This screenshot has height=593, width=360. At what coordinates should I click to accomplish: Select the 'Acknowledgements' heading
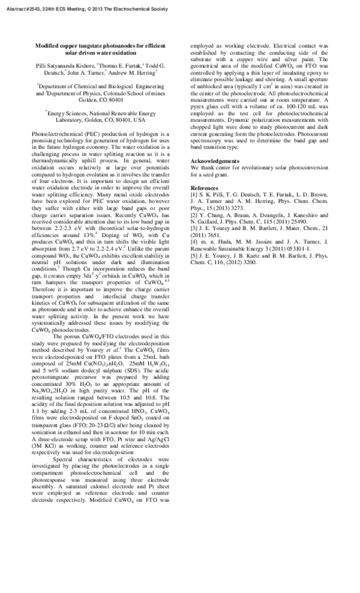215,161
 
